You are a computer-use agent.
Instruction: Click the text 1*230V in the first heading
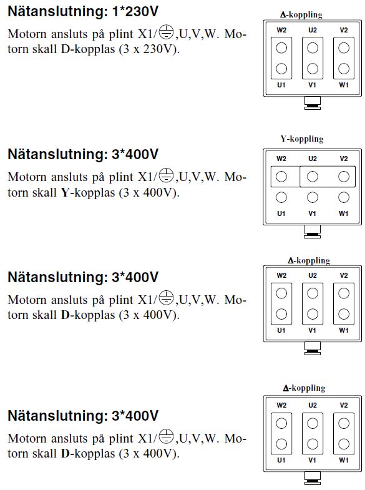coord(135,12)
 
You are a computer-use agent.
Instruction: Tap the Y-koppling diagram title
coord(302,139)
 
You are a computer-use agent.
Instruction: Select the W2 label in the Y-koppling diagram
coord(281,159)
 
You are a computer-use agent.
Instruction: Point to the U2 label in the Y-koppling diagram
coord(313,159)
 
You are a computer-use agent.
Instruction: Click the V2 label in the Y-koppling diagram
coord(344,159)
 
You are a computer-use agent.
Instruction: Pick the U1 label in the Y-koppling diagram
coord(281,213)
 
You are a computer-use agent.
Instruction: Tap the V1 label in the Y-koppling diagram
coord(312,213)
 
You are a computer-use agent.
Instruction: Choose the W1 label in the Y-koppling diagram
coord(343,213)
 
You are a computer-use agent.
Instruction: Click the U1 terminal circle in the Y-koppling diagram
coord(281,197)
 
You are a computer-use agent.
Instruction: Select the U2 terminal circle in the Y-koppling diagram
coord(313,177)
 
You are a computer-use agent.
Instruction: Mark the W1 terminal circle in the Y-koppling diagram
coord(344,197)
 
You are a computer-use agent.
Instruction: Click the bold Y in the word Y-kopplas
coord(65,192)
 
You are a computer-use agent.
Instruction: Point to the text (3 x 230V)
coord(149,49)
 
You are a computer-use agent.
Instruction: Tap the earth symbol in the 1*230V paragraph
coord(166,32)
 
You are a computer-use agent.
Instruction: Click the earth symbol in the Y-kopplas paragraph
coord(166,175)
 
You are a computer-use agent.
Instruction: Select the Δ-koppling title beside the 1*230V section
coord(301,15)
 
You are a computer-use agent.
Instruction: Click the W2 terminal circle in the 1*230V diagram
coord(281,48)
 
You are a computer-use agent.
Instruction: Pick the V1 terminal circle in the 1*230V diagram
coord(313,69)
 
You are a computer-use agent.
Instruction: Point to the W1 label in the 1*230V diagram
coord(344,85)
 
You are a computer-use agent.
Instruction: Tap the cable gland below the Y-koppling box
coord(312,232)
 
